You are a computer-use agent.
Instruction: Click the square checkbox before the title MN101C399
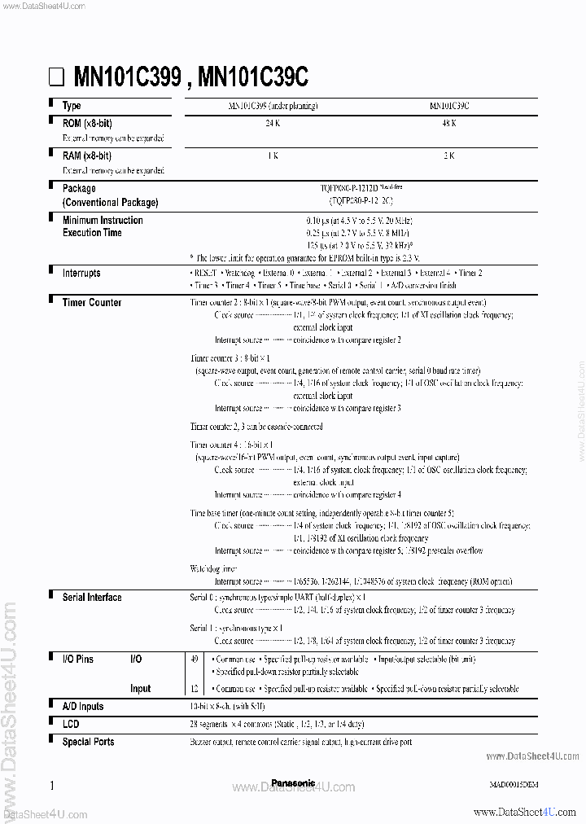pos(55,78)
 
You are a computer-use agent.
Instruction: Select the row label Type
pos(72,106)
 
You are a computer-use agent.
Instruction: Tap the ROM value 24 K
pos(272,123)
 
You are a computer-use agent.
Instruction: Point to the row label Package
pos(79,188)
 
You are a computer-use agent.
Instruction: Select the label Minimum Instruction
pos(103,220)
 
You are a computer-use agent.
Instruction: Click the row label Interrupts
pos(81,274)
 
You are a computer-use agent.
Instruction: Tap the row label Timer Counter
pos(92,303)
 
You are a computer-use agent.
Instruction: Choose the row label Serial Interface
pos(92,598)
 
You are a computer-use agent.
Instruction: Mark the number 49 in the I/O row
pos(193,659)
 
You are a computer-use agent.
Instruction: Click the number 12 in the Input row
pos(193,689)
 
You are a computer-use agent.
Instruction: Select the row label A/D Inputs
pos(82,707)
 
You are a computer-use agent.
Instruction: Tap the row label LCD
pos(71,724)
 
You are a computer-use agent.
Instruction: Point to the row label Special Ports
pos(88,742)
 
